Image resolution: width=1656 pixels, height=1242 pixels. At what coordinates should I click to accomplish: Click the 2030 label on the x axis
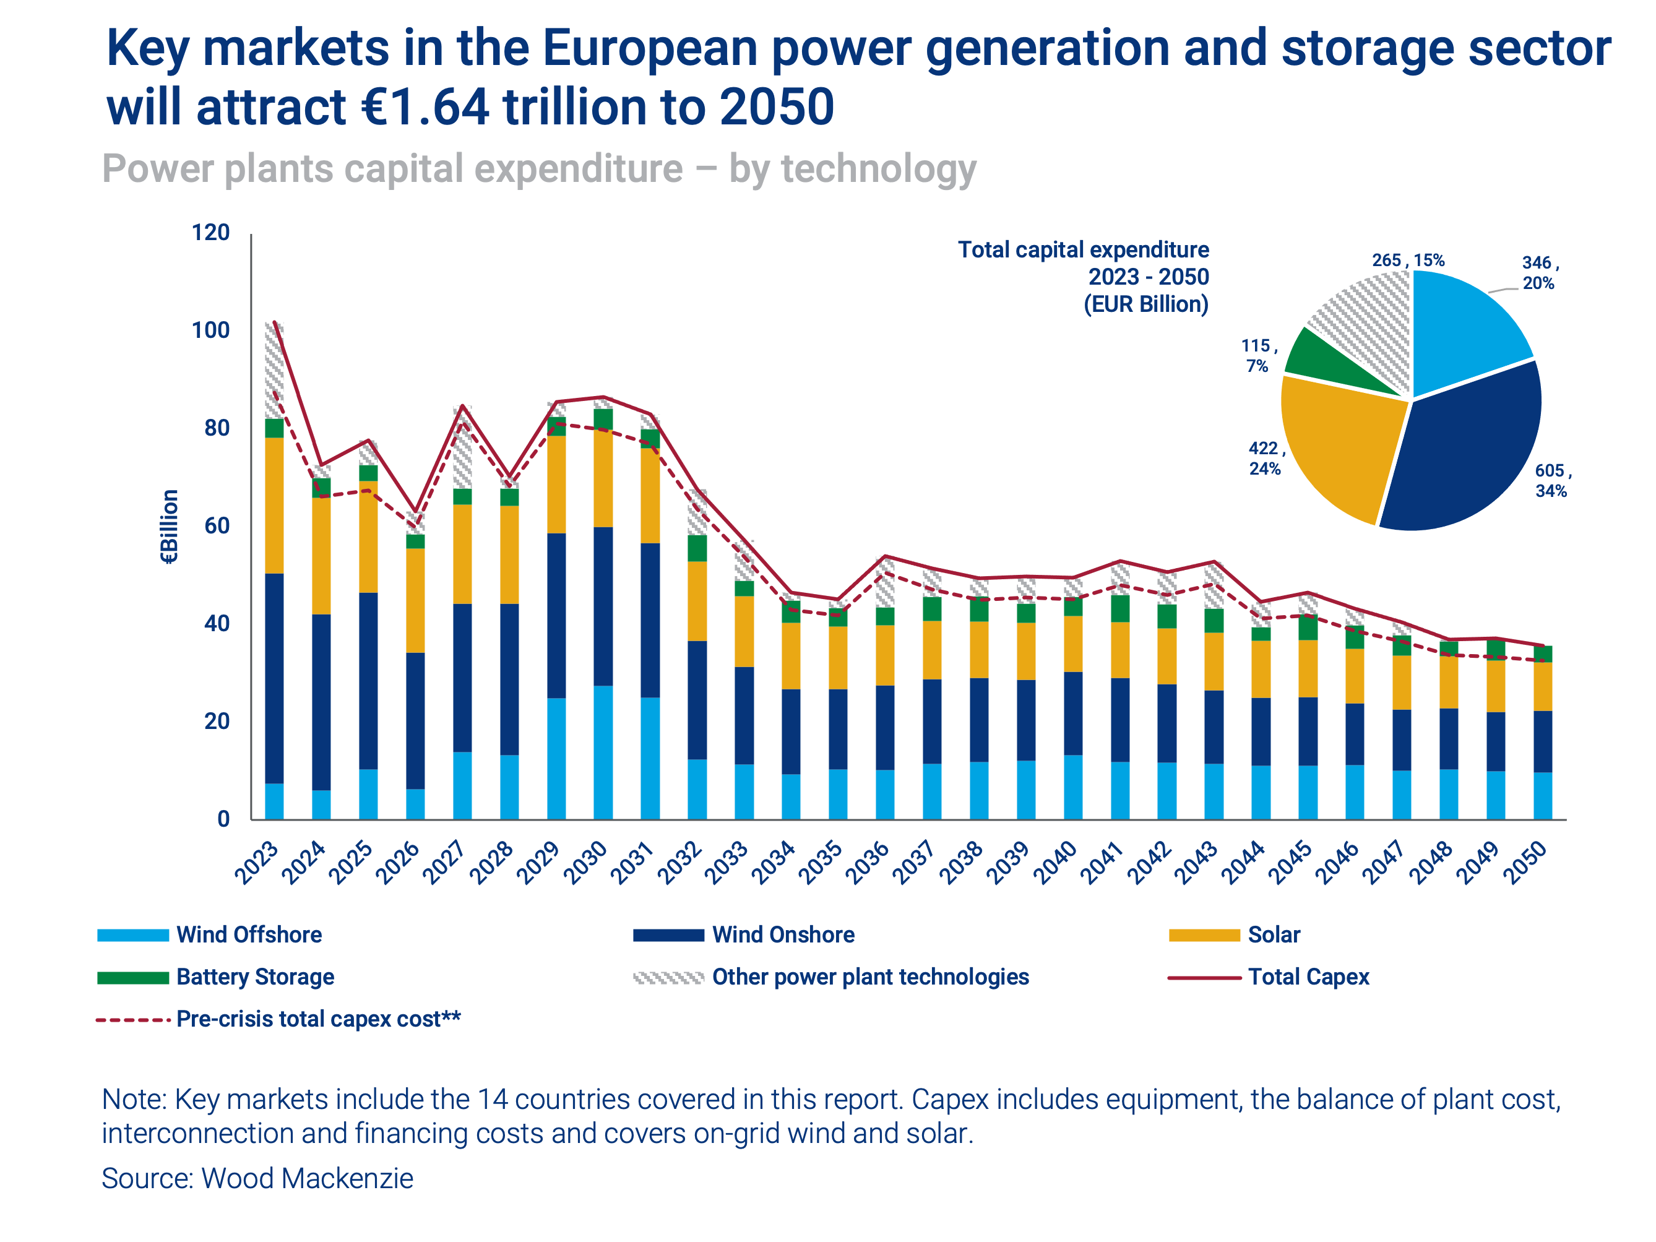585,863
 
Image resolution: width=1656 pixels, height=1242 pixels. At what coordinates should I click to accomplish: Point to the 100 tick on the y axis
210,330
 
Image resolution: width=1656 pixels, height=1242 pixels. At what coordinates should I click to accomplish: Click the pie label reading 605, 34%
1552,481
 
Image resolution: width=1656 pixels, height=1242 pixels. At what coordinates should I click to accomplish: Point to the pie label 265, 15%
1407,261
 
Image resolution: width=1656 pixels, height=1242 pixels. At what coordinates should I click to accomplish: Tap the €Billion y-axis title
170,526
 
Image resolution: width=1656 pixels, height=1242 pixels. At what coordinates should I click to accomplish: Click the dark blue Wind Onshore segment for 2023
275,678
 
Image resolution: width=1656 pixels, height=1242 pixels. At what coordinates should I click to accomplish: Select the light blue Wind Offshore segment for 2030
603,753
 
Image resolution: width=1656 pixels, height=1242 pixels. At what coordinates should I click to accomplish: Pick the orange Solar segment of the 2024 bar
322,556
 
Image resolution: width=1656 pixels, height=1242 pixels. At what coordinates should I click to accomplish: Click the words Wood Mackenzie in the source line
307,1178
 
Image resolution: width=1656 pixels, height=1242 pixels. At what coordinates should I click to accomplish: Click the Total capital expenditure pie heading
1084,250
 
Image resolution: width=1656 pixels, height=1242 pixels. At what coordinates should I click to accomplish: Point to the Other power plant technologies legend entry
870,977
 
